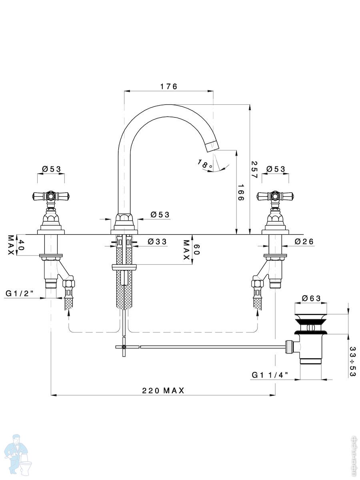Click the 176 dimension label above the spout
168,86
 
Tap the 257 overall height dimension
254,170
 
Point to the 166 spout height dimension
240,193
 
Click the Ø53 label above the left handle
51,169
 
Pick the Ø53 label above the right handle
276,169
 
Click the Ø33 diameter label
157,242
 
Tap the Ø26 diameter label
304,242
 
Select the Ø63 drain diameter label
311,298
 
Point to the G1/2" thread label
20,294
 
